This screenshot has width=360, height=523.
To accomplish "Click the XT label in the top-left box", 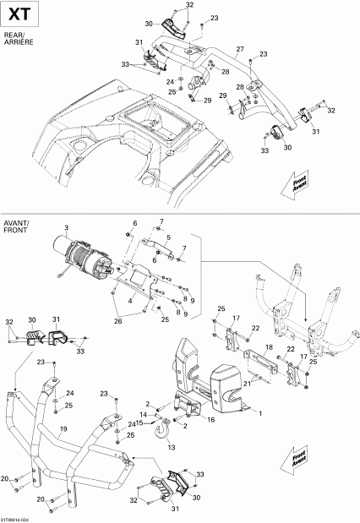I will pos(19,14).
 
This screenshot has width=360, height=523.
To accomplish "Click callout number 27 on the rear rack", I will pos(241,50).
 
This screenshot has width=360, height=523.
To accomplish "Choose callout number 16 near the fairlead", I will pos(211,419).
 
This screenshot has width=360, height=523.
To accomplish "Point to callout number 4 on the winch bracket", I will pos(129,300).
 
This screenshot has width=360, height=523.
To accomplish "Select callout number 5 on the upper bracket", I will pos(170,237).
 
